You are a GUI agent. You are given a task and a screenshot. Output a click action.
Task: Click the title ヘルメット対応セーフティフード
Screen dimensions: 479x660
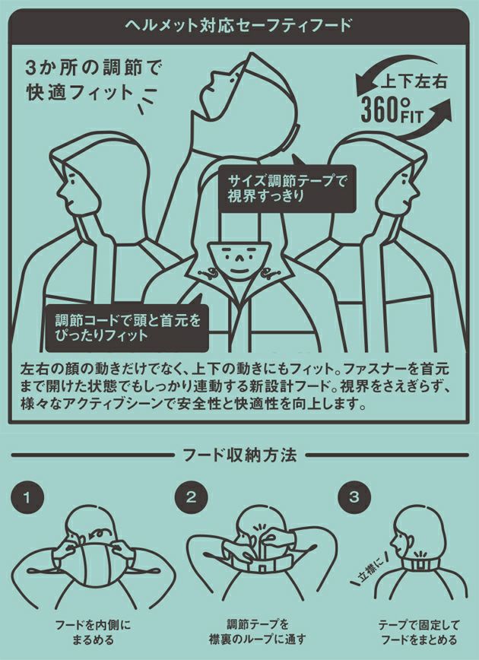[x=239, y=25]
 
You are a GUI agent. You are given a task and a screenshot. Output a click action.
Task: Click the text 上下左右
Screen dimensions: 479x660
[x=413, y=81]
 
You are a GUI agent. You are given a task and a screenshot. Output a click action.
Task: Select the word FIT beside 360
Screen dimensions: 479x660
[x=411, y=116]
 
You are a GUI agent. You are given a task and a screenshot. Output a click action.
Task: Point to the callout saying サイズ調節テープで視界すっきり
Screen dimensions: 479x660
[x=287, y=188]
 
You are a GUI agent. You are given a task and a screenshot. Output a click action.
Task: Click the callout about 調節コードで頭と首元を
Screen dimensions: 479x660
[x=127, y=328]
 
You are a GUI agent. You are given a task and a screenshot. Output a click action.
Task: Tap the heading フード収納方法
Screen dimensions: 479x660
[x=239, y=455]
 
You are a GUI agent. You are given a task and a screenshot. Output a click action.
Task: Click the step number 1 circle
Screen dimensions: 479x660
[x=27, y=498]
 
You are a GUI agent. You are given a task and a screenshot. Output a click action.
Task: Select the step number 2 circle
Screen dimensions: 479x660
[x=191, y=497]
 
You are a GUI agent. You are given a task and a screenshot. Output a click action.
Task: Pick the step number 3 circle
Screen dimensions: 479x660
[x=354, y=497]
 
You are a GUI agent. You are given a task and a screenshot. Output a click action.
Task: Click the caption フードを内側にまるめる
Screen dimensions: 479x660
[x=93, y=633]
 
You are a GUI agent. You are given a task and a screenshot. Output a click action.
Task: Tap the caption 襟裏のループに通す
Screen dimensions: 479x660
[x=257, y=639]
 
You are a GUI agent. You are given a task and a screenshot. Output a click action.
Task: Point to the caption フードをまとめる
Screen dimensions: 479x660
[x=418, y=640]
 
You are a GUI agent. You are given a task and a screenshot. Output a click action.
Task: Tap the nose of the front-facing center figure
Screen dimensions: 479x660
[x=238, y=258]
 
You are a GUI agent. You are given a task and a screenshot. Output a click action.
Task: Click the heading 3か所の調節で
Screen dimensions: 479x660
[x=94, y=68]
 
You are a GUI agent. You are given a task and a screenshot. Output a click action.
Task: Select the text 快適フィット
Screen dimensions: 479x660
[x=80, y=93]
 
